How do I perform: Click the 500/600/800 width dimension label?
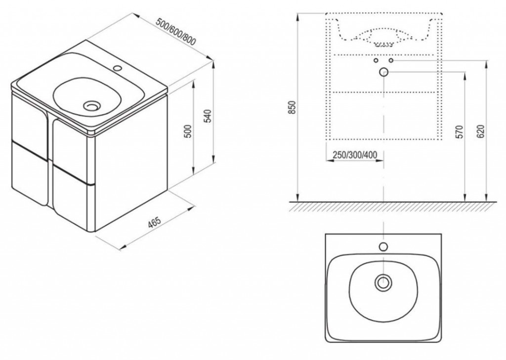pyautogui.click(x=176, y=31)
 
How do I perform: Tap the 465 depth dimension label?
pyautogui.click(x=154, y=223)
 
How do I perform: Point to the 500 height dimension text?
pyautogui.click(x=189, y=131)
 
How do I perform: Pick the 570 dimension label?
pyautogui.click(x=460, y=132)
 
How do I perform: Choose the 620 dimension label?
pyautogui.click(x=481, y=132)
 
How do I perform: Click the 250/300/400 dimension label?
pyautogui.click(x=355, y=155)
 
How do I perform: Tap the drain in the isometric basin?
pyautogui.click(x=92, y=105)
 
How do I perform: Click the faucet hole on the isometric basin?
pyautogui.click(x=118, y=68)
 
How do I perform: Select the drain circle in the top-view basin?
pyautogui.click(x=383, y=283)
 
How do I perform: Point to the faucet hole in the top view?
pyautogui.click(x=383, y=247)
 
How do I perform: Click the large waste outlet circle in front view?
pyautogui.click(x=383, y=72)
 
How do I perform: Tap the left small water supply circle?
pyautogui.click(x=376, y=60)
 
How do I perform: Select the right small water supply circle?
pyautogui.click(x=391, y=60)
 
